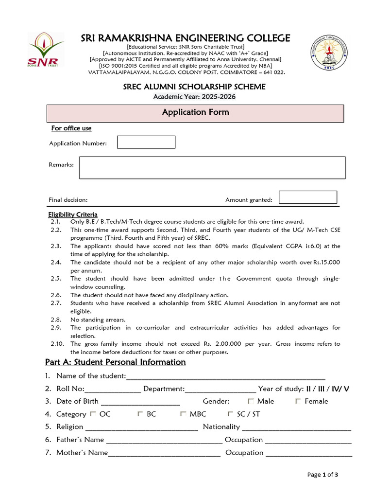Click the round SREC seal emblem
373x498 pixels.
[329, 53]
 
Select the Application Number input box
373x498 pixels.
[146, 142]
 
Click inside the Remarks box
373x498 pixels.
[212, 168]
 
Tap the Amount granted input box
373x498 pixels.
[308, 197]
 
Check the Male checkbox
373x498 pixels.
[251, 401]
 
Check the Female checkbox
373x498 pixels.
[298, 401]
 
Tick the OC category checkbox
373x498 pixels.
[92, 414]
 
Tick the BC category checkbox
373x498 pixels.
[140, 414]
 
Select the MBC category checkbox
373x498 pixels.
[183, 414]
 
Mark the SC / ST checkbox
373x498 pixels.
[230, 414]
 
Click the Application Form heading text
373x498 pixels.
[195, 112]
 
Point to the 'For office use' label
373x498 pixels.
[71, 128]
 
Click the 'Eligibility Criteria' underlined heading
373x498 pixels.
[73, 214]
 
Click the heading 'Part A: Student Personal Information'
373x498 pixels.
[115, 362]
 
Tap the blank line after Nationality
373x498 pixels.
[296, 428]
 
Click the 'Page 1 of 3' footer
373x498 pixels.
[323, 475]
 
